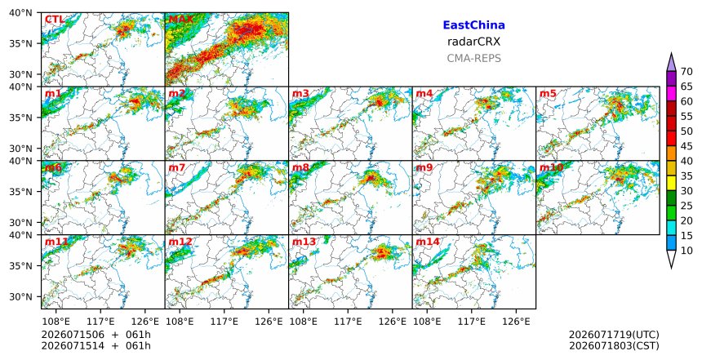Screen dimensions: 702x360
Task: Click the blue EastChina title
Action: click(473, 25)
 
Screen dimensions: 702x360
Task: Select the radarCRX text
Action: click(473, 42)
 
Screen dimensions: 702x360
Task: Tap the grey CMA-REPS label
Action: click(473, 58)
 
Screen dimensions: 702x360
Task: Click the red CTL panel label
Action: click(55, 20)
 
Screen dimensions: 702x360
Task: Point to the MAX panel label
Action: click(181, 20)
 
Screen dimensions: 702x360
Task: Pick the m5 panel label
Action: click(548, 94)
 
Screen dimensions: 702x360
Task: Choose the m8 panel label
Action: click(301, 168)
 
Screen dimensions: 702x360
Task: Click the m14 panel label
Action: click(428, 242)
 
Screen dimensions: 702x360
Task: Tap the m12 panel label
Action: click(180, 242)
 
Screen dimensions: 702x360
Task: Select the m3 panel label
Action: click(301, 94)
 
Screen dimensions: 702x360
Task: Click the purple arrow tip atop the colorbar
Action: click(671, 53)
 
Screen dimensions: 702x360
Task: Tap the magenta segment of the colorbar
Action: click(671, 94)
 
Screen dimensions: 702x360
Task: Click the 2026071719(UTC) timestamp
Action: click(614, 335)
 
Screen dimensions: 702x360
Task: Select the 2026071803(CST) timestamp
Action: click(614, 345)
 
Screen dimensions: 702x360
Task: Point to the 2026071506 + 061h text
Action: click(96, 335)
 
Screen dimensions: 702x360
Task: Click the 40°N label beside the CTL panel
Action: click(20, 13)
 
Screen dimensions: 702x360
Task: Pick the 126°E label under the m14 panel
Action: click(516, 322)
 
